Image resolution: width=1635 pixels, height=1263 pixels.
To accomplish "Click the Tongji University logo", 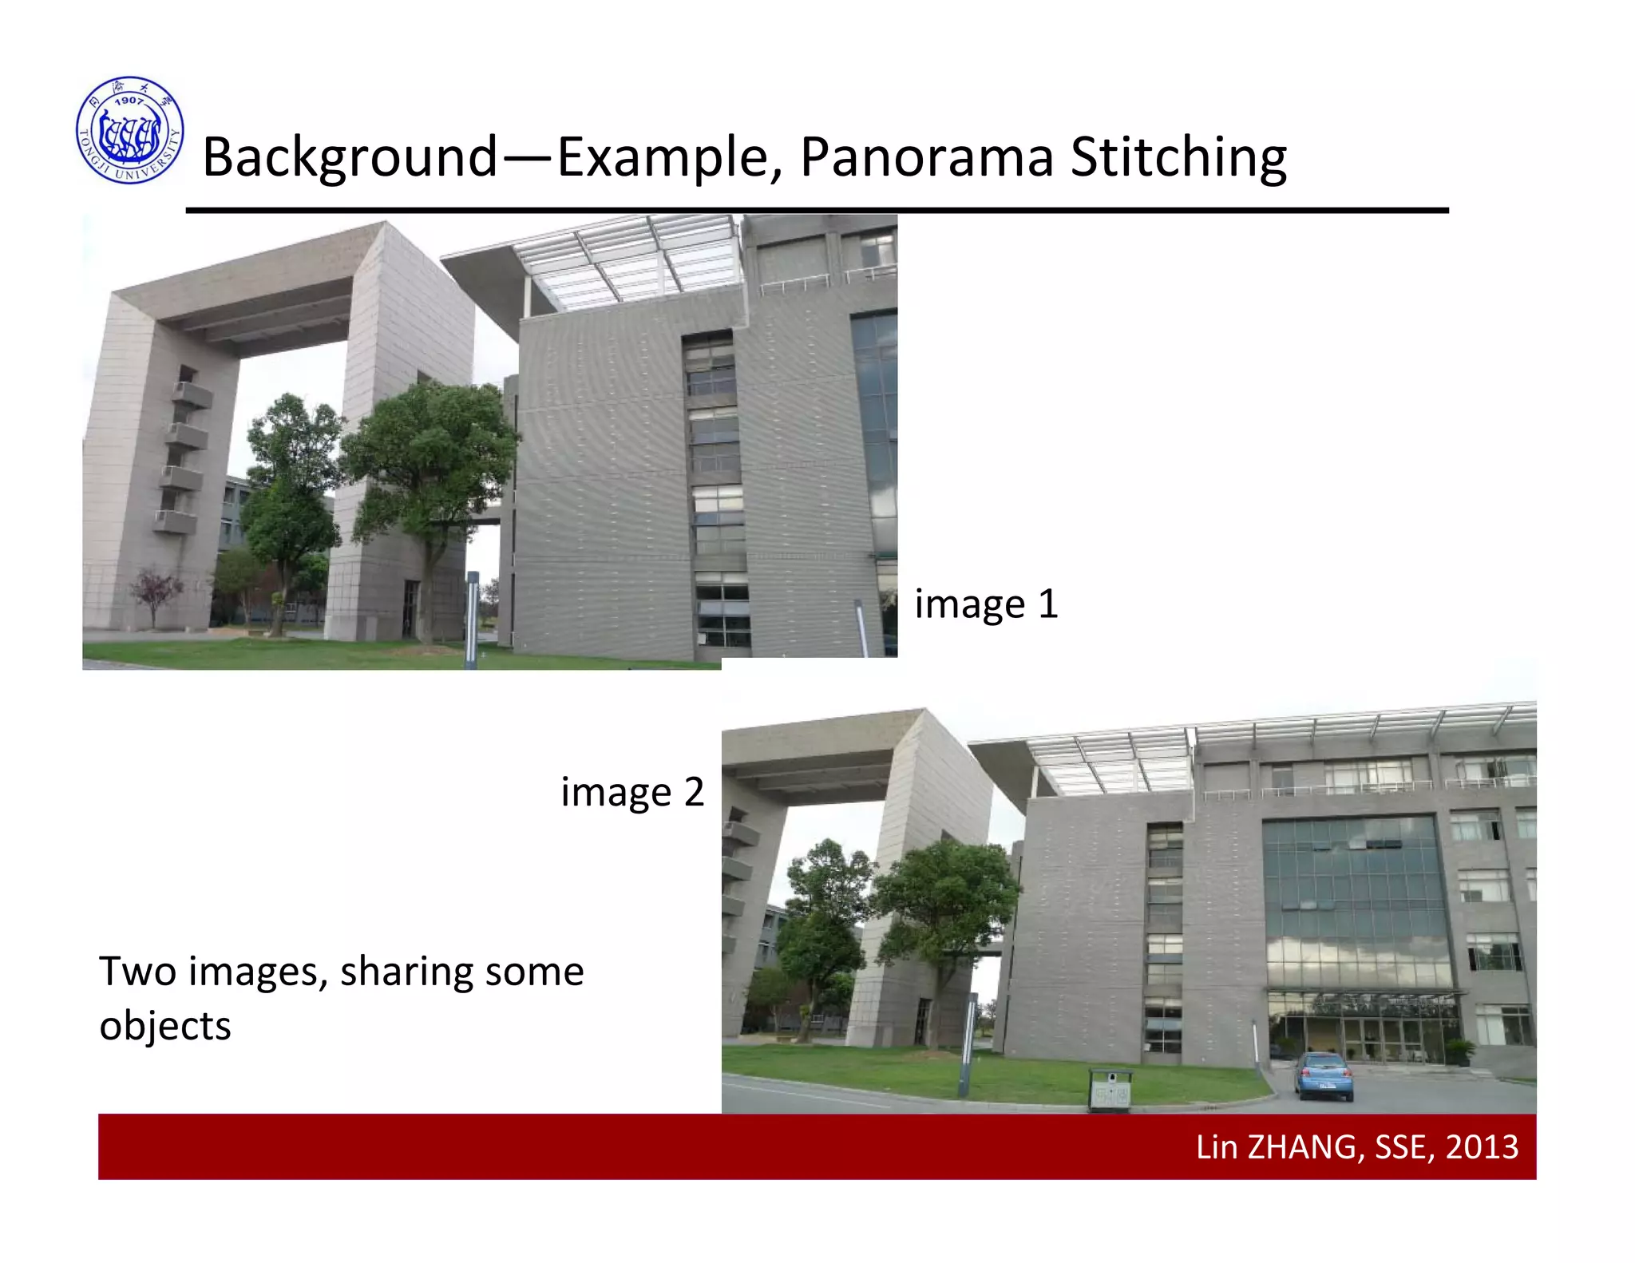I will coord(130,130).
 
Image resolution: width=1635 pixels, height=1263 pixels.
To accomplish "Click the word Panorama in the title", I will coord(926,156).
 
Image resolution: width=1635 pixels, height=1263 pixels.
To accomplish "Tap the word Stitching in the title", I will coord(1178,156).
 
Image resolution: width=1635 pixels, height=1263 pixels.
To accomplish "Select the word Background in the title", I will coord(350,156).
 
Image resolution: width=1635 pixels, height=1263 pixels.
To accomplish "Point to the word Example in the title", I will coord(667,156).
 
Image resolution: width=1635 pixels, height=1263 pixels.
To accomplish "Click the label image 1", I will coord(986,604).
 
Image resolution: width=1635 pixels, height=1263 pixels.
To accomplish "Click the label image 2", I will coord(632,792).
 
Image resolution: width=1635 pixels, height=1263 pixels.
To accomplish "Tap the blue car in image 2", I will coord(1325,1075).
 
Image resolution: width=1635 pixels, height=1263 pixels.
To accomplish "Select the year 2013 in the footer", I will coord(1482,1147).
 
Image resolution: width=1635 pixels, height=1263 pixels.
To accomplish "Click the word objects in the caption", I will coord(165,1026).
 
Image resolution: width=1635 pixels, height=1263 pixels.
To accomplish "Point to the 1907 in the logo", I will coord(129,101).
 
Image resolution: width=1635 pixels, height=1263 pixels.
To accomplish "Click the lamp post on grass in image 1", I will coord(472,619).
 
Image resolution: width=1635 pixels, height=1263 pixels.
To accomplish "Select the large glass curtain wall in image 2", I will coord(1357,902).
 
